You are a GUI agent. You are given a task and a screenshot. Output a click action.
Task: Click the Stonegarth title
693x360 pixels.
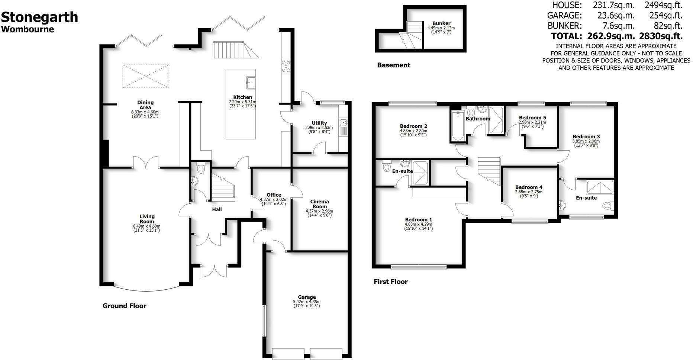point(40,17)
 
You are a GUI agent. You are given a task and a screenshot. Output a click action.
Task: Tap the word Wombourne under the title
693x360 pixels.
point(28,29)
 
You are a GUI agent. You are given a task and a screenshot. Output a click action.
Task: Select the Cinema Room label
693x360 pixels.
point(319,204)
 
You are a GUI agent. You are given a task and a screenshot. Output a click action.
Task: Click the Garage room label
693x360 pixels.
point(306,297)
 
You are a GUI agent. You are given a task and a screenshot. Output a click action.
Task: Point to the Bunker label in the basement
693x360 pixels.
point(441,23)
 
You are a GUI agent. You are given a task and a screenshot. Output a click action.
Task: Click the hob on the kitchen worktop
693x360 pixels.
point(286,66)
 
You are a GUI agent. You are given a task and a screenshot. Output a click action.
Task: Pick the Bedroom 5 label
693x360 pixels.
point(532,118)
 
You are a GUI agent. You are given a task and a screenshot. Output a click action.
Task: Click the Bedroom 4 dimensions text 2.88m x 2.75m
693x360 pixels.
point(528,192)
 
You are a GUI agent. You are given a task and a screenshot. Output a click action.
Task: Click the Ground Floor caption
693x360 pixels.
point(124,306)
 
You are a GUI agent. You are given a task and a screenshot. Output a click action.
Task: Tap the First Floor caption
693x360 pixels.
point(390,282)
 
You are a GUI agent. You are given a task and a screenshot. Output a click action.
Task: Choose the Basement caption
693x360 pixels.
point(393,65)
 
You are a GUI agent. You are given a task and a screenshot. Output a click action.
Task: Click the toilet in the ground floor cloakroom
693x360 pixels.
point(201,168)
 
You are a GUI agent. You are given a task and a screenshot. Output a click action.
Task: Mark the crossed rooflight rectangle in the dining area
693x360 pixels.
point(146,76)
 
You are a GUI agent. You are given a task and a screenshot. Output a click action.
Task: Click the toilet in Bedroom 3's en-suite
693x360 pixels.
point(607,205)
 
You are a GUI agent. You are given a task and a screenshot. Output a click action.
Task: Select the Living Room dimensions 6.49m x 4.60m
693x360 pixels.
point(146,226)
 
